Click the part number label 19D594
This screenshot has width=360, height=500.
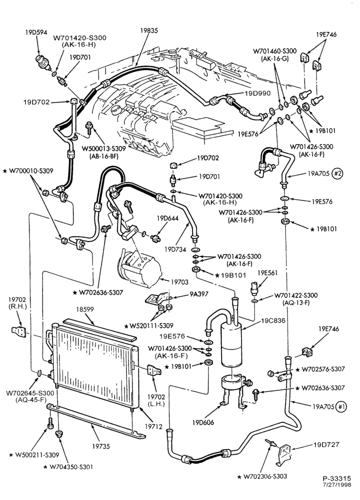tap(36, 32)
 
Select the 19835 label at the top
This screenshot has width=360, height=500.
tap(149, 30)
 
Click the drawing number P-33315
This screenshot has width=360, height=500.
tap(336, 478)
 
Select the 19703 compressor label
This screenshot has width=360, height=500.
tap(179, 282)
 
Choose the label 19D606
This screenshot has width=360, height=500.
tap(203, 423)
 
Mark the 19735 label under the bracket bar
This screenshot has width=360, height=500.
tap(101, 446)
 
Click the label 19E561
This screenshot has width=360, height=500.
tap(267, 273)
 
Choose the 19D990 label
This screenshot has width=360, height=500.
tap(257, 93)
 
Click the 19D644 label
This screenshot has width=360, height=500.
tap(167, 218)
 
